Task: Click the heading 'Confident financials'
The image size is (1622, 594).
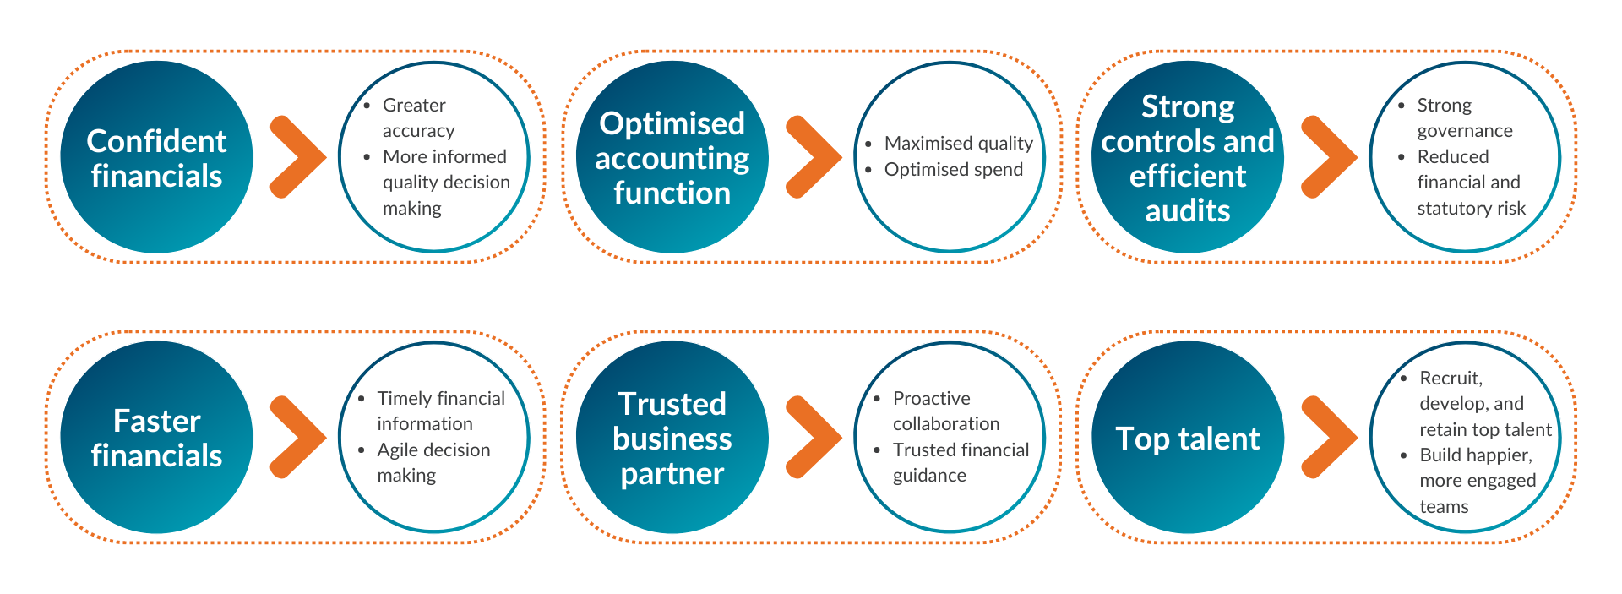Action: click(156, 158)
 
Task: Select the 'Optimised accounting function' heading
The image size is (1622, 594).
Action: click(672, 158)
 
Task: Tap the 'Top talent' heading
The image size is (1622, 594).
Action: click(1188, 439)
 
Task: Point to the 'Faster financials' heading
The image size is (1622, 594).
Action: click(156, 438)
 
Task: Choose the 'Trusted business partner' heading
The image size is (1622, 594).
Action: click(672, 439)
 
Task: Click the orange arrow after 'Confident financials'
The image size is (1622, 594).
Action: click(298, 157)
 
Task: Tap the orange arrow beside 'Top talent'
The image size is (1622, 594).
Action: click(1330, 437)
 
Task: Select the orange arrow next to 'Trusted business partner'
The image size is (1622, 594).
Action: click(814, 437)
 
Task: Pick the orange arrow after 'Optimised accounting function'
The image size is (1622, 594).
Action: click(814, 157)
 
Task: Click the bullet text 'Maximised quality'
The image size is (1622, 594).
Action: click(959, 144)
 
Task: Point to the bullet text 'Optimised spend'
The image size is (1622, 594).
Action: click(954, 170)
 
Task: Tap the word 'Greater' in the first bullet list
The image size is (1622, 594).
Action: click(414, 106)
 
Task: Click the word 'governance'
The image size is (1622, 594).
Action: click(1465, 132)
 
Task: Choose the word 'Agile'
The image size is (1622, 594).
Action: click(398, 450)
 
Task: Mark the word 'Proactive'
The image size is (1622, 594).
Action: click(932, 398)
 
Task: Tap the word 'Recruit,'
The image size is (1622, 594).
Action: click(1451, 379)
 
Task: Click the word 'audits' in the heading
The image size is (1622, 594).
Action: click(1188, 210)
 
